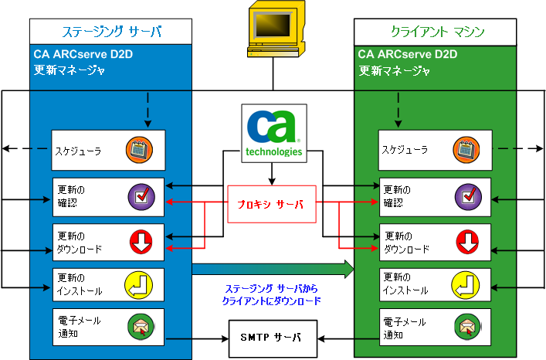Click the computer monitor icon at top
273,31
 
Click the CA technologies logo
272,134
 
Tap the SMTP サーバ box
272,338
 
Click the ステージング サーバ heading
112,32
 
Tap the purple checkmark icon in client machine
467,198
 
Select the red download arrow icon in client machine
467,242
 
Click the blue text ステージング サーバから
271,289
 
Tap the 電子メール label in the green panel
403,320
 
